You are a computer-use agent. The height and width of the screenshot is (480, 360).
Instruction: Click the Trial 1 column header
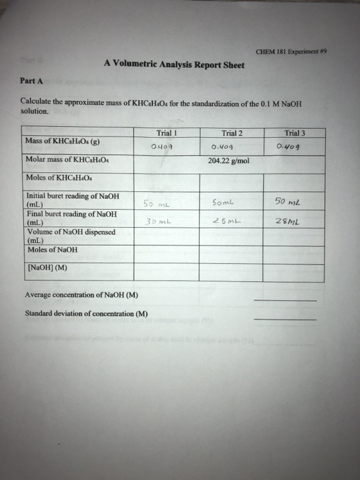point(165,133)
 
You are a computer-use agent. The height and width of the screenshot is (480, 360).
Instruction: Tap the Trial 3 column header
point(297,134)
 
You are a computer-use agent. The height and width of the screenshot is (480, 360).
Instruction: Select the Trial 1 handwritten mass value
point(160,146)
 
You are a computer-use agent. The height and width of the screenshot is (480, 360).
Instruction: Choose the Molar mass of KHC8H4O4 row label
point(66,162)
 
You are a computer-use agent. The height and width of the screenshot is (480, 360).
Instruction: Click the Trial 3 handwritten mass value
point(289,146)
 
